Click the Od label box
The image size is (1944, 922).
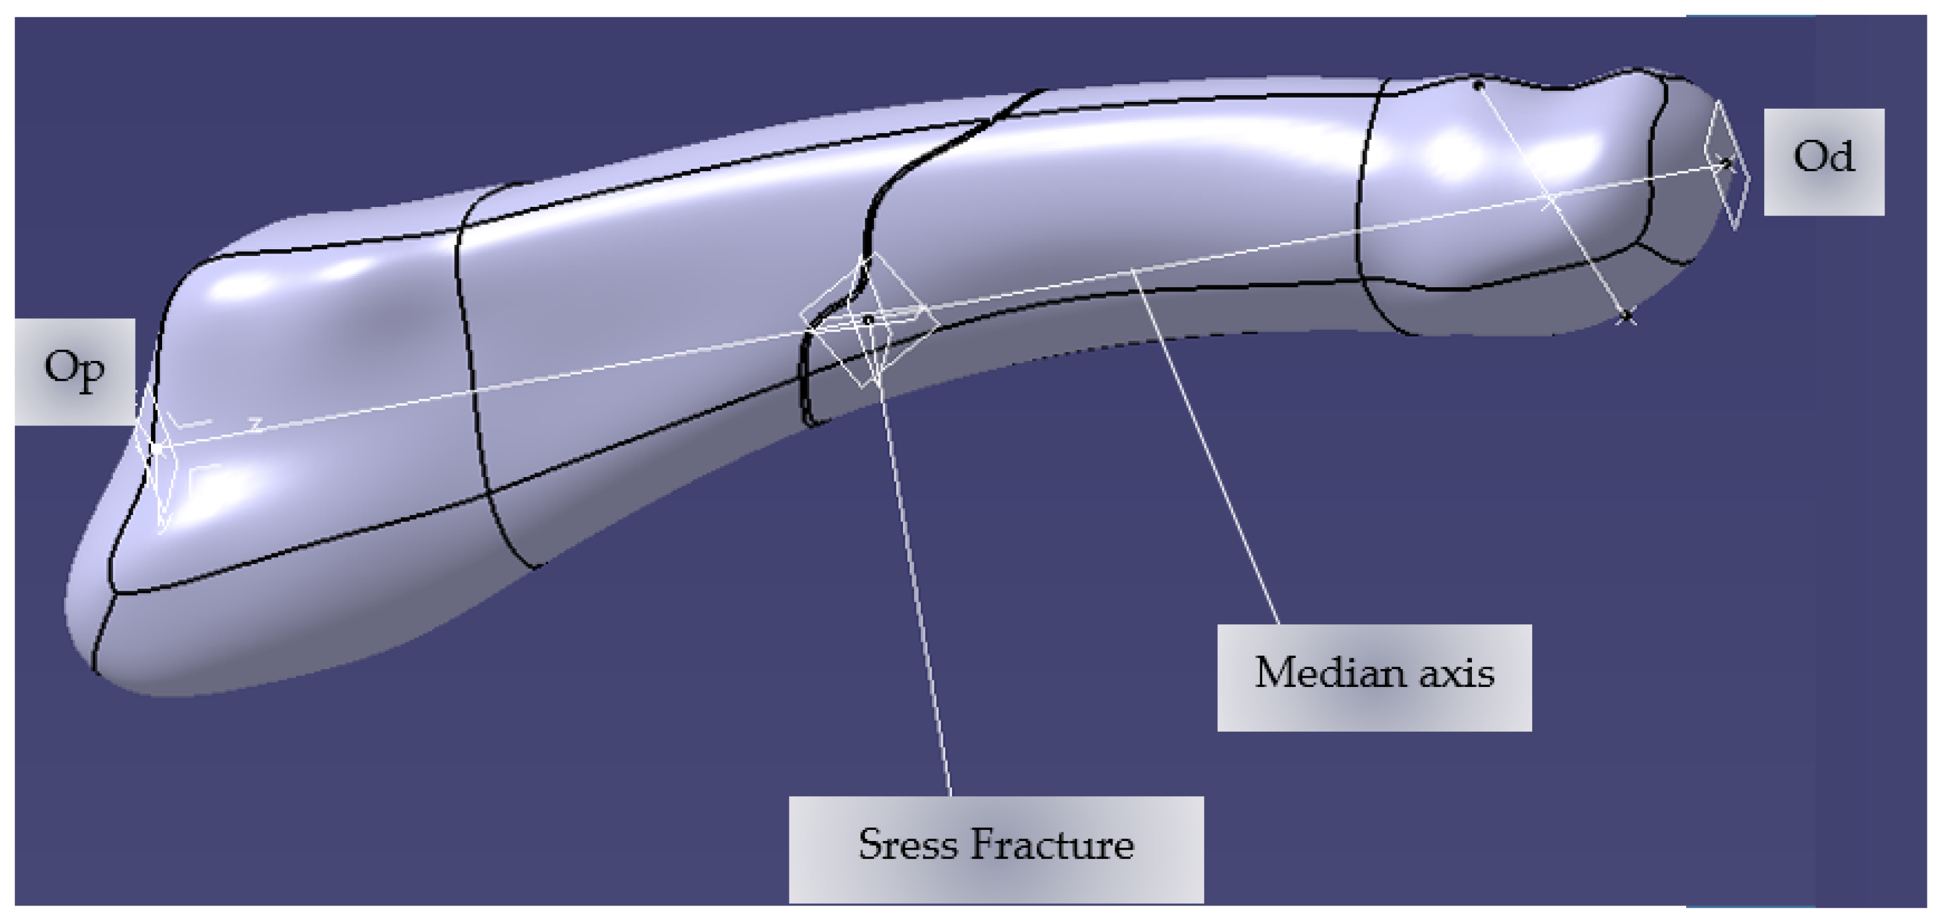pos(1823,161)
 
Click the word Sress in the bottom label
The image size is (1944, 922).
pos(908,845)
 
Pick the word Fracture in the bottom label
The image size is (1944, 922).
pos(1053,845)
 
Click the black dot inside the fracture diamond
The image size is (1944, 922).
pos(868,320)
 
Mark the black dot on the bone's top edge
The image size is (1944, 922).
pos(1478,85)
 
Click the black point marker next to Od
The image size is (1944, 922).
pos(1727,162)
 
